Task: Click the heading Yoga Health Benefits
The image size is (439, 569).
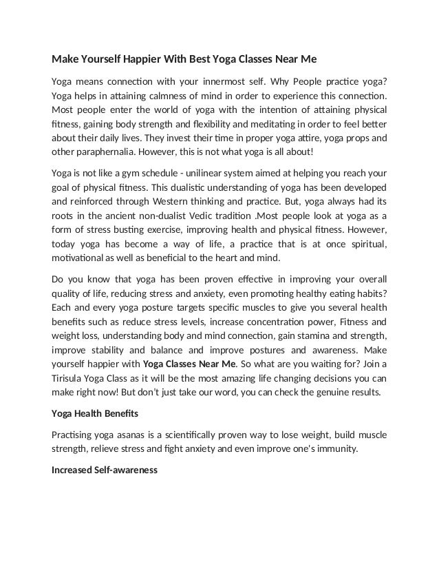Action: coord(96,414)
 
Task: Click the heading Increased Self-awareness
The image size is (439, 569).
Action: coord(105,470)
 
